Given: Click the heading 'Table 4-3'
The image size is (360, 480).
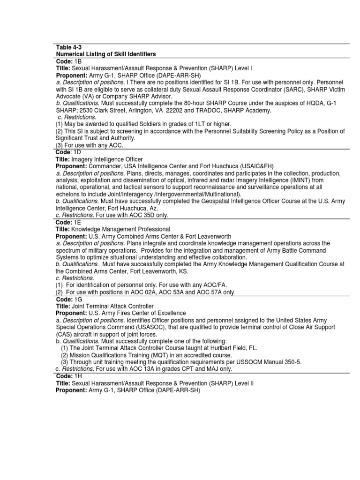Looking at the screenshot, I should [x=68, y=48].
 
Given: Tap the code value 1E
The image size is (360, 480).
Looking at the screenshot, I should [x=77, y=222].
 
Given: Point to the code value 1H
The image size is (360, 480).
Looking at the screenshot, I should [x=78, y=376].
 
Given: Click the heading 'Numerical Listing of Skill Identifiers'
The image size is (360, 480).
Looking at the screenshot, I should [x=106, y=55].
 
